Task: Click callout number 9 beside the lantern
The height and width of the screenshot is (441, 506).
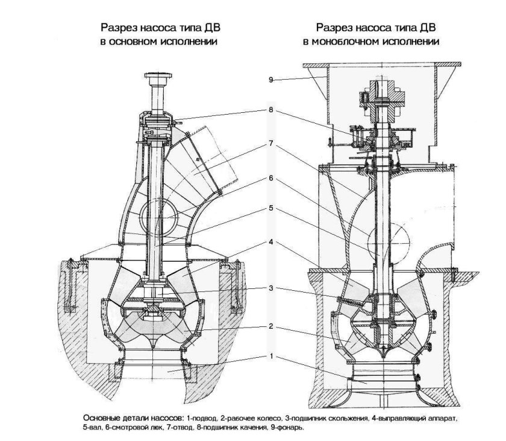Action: click(270, 80)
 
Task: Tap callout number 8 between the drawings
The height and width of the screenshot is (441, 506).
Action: click(270, 110)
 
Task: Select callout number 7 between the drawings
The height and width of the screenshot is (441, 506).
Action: click(270, 144)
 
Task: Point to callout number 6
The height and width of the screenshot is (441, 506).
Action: click(270, 178)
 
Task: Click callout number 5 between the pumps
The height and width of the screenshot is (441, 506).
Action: click(270, 208)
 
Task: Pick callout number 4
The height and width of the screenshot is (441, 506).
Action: click(270, 242)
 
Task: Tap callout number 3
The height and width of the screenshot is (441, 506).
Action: click(270, 288)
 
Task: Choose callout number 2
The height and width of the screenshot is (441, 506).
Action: click(270, 326)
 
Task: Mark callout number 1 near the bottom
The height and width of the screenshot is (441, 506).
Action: click(270, 356)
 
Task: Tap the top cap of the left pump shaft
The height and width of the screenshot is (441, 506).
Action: click(158, 76)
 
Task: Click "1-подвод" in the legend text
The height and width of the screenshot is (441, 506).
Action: click(202, 419)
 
